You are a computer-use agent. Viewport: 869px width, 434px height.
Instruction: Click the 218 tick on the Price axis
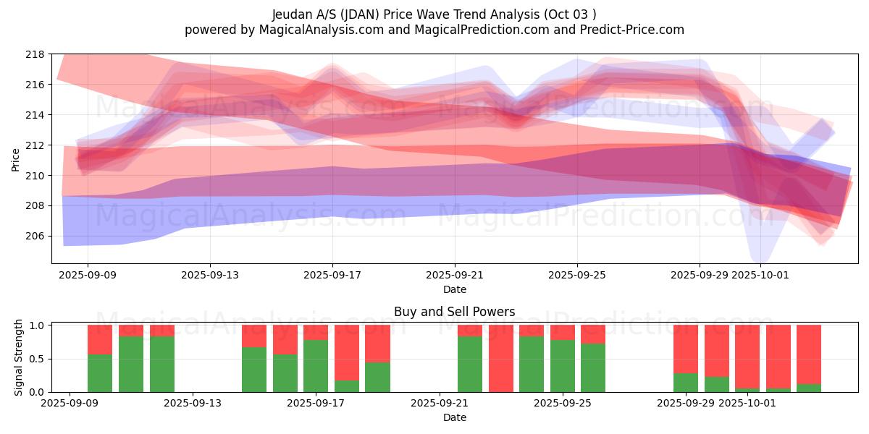(35, 54)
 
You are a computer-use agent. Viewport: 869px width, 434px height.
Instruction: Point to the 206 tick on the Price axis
(35, 237)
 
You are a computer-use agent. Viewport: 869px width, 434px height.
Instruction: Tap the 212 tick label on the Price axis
(35, 145)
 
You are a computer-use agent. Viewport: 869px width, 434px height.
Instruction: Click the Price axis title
(16, 161)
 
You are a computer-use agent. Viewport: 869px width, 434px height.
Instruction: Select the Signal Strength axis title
(19, 358)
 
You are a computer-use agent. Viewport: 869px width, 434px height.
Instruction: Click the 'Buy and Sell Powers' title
(454, 312)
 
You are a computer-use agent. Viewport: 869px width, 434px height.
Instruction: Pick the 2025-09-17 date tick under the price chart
(332, 275)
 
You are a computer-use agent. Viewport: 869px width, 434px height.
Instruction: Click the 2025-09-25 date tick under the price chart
(577, 275)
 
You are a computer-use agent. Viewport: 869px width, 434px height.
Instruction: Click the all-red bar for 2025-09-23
(501, 358)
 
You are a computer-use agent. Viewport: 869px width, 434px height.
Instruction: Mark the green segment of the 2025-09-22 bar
(470, 364)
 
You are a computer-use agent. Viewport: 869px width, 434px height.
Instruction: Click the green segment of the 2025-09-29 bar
(686, 383)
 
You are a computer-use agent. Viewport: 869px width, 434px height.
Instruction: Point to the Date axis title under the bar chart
(454, 417)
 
